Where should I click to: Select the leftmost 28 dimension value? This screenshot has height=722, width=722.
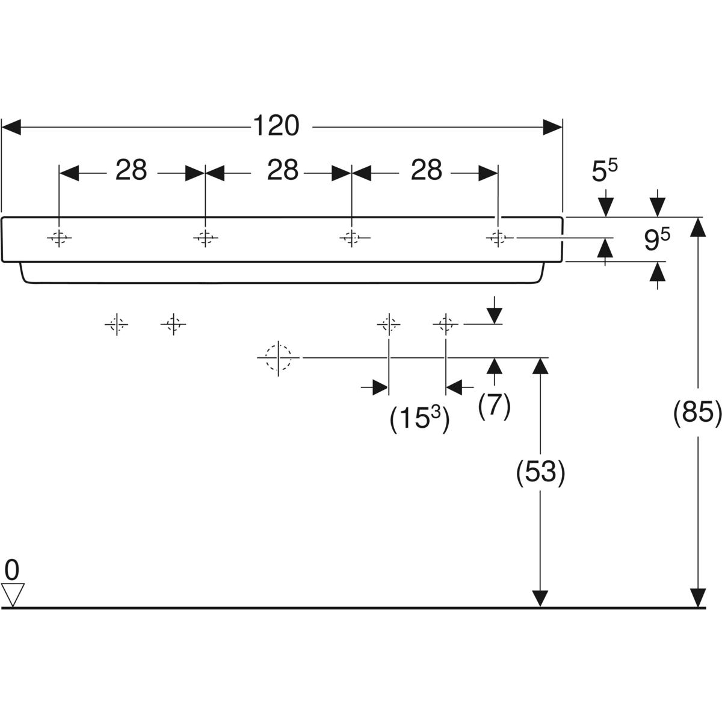point(131,171)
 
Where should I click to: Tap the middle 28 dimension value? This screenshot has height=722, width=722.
point(283,171)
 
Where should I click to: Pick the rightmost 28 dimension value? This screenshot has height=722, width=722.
point(427,171)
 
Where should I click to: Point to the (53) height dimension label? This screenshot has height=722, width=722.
point(541,472)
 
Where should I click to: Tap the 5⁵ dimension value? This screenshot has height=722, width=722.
point(605,172)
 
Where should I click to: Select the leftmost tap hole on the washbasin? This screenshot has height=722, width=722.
point(59,238)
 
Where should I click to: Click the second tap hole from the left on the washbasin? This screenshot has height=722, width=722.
point(205,238)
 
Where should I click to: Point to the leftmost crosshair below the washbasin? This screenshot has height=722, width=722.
point(117,325)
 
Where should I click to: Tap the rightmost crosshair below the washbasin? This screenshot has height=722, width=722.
point(445,325)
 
